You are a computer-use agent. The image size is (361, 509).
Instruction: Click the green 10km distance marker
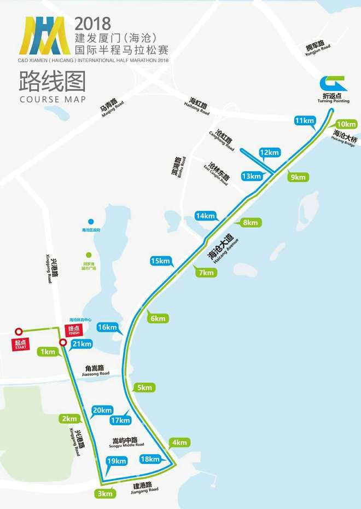click(346, 124)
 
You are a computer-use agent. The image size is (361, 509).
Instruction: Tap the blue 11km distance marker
click(305, 120)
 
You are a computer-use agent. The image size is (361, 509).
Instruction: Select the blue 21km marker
click(82, 344)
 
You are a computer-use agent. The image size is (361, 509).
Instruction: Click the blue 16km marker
click(108, 327)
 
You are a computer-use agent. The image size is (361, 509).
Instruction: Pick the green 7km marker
click(207, 273)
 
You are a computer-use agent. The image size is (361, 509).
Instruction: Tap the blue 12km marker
click(269, 152)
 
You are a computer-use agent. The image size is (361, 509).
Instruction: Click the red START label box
click(21, 344)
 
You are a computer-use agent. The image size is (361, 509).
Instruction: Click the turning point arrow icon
click(334, 84)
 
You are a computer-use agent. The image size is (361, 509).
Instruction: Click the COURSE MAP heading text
click(53, 100)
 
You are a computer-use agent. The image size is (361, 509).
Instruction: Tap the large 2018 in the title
click(92, 23)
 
